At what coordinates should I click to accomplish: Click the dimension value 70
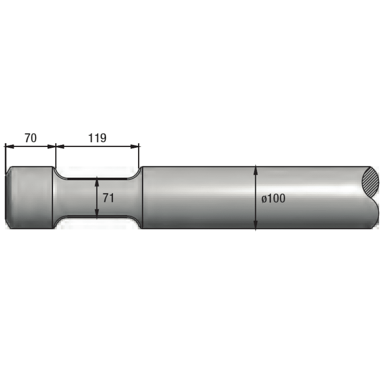pyautogui.click(x=31, y=138)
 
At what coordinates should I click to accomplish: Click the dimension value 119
pyautogui.click(x=97, y=138)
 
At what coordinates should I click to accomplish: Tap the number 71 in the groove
pyautogui.click(x=108, y=198)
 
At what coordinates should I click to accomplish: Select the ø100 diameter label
pyautogui.click(x=273, y=198)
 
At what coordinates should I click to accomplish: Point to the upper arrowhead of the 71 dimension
pyautogui.click(x=97, y=181)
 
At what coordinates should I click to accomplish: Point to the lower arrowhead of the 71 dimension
pyautogui.click(x=97, y=214)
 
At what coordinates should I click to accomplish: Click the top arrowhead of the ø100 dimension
pyautogui.click(x=255, y=170)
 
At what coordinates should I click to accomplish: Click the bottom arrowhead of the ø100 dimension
pyautogui.click(x=255, y=225)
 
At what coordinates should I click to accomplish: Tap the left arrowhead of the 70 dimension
pyautogui.click(x=10, y=146)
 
